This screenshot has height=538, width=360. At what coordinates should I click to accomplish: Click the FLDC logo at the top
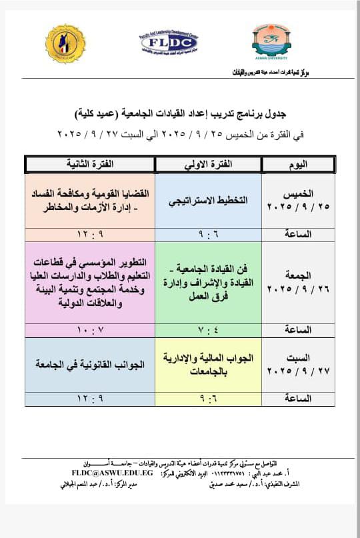tap(169, 42)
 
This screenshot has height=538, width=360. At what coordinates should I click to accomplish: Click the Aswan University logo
tap(271, 41)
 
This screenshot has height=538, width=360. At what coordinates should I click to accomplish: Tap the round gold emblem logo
tap(65, 43)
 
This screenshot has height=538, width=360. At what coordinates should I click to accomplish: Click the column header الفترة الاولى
tap(208, 165)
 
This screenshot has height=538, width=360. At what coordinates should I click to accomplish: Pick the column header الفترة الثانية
tap(90, 165)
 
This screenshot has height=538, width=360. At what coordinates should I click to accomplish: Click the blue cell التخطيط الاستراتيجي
tap(208, 200)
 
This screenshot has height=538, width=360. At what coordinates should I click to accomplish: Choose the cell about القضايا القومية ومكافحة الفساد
tap(90, 199)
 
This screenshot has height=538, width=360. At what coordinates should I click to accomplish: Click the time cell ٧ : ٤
tap(208, 330)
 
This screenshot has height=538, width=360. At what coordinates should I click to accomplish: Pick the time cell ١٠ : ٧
tap(90, 330)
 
